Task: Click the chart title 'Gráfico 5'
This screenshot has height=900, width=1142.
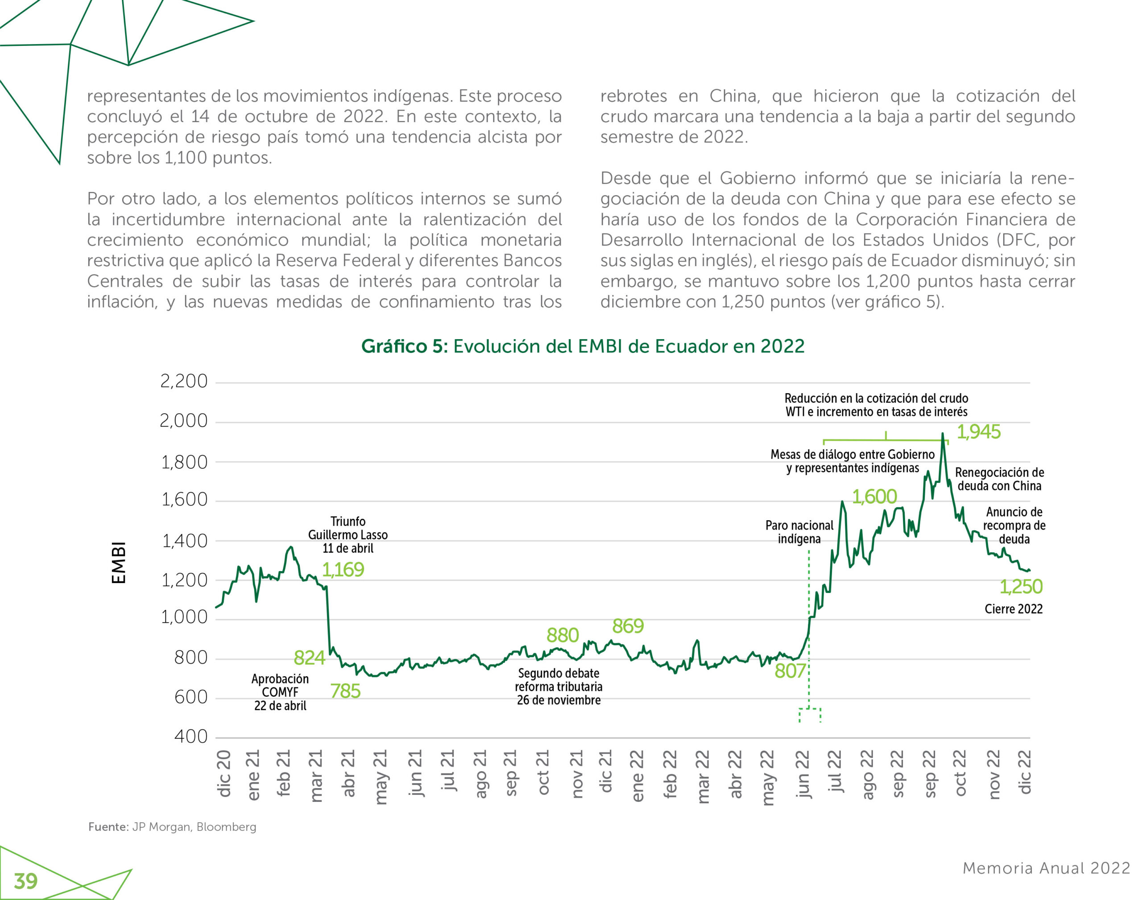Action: click(x=582, y=346)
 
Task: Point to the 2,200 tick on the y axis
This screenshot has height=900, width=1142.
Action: click(x=184, y=381)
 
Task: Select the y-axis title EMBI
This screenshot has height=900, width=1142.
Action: click(x=119, y=563)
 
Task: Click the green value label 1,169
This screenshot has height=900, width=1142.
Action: click(x=343, y=570)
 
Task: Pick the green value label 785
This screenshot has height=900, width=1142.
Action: click(x=345, y=691)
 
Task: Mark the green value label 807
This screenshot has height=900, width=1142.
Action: click(x=790, y=671)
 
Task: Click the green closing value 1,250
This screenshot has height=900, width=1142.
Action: click(x=1021, y=587)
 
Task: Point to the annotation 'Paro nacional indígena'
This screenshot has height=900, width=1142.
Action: click(x=799, y=532)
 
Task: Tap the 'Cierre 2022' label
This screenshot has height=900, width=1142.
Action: click(x=1014, y=609)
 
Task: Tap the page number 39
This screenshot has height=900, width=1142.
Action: click(x=26, y=881)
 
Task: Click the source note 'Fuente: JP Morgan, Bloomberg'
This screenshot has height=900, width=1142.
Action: click(x=172, y=827)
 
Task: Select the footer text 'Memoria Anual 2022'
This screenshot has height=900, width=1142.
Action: click(x=1046, y=868)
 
